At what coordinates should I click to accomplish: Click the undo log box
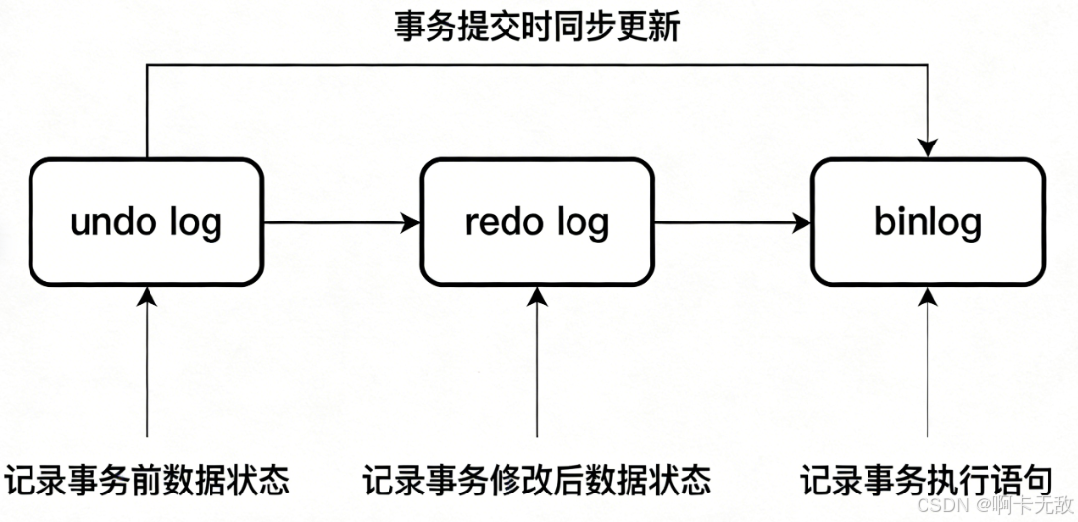146,223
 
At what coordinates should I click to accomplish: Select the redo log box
537,223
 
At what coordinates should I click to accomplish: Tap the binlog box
927,223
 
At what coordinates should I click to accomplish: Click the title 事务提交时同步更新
537,28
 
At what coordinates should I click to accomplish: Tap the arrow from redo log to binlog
732,224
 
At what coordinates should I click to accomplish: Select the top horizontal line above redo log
537,66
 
